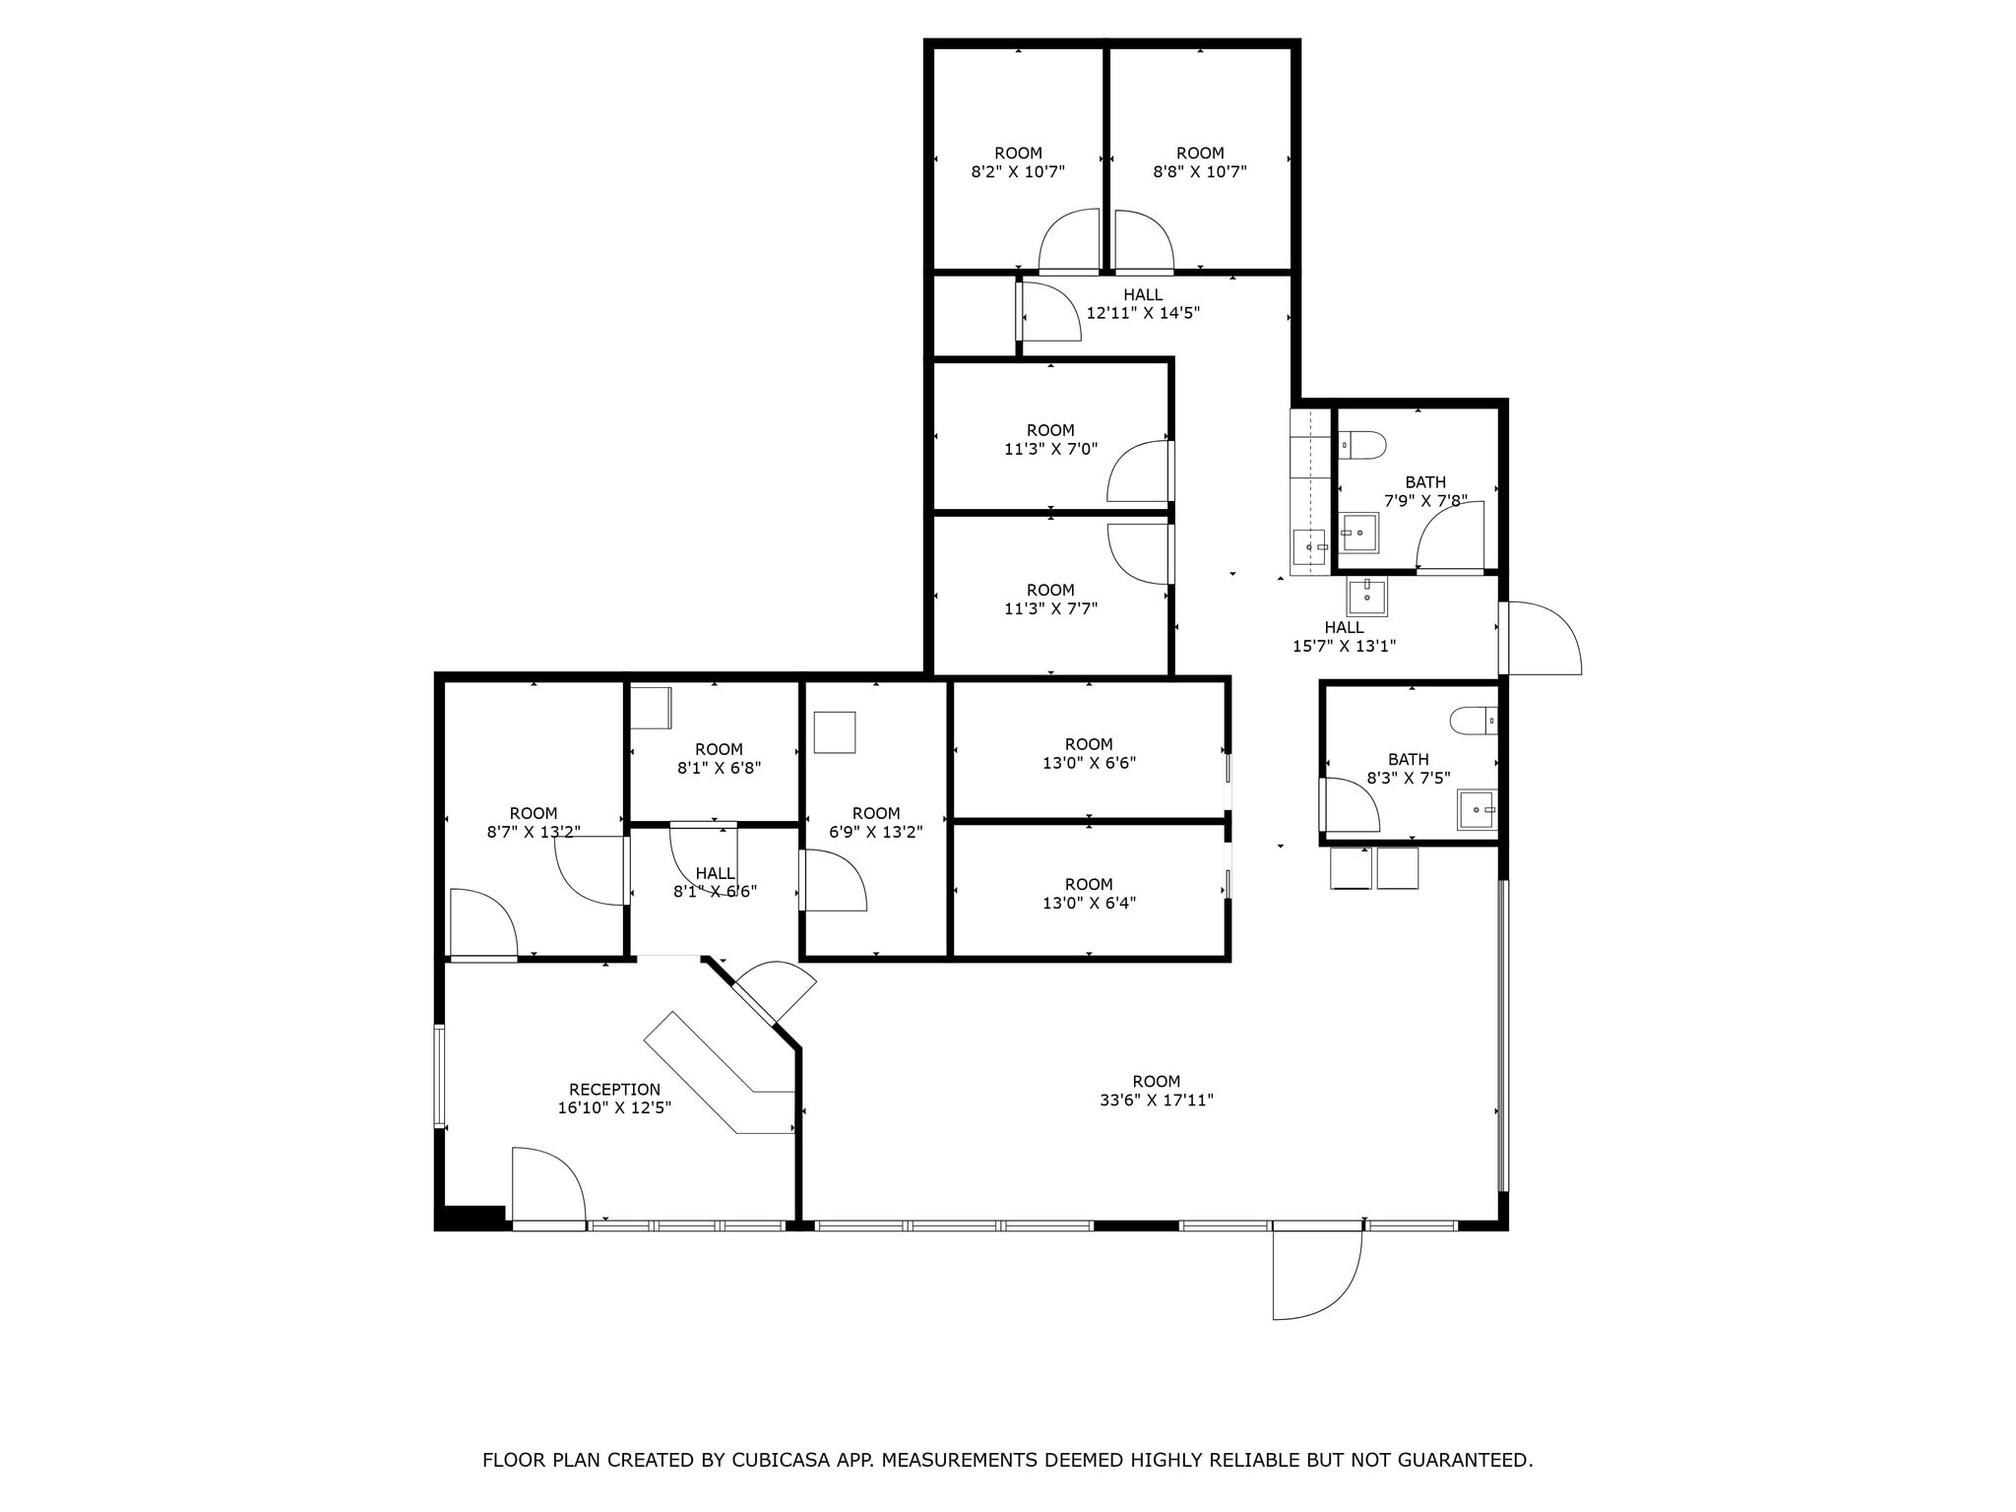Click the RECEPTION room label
tap(614, 1090)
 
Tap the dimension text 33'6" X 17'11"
tap(1156, 1101)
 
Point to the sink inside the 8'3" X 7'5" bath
tap(1476, 809)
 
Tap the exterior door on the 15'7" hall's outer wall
tap(1541, 640)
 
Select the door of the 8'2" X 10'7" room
tap(1070, 241)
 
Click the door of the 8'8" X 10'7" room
tap(1142, 241)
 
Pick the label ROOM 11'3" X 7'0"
tap(1050, 439)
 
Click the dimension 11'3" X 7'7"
tap(1050, 608)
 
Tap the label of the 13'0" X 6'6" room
tap(1089, 753)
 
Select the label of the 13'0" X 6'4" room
tap(1089, 893)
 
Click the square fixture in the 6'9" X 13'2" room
tap(835, 732)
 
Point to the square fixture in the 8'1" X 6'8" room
tap(651, 708)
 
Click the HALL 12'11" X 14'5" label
tap(1143, 303)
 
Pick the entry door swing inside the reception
tap(548, 1186)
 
